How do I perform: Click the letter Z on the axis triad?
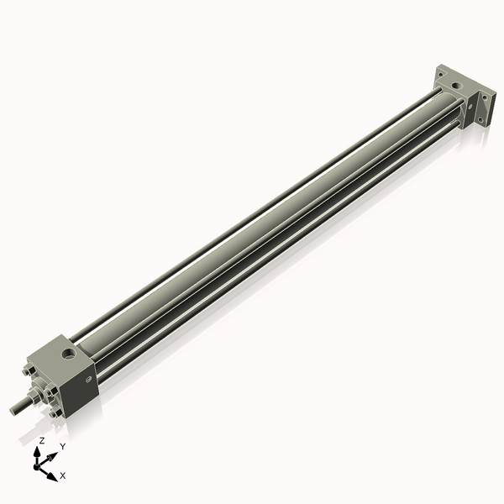42,440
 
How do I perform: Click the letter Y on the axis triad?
62,446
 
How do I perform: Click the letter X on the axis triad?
63,475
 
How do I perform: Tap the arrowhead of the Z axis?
39,452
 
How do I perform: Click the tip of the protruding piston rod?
13,411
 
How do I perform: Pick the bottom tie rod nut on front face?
55,412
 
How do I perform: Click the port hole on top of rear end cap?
454,85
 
